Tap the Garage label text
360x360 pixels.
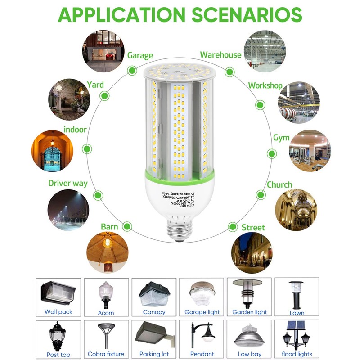pos(140,56)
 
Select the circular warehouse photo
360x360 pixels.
pos(265,50)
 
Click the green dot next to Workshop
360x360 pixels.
pos(260,105)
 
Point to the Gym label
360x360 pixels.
pos(281,138)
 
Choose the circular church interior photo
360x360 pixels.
pos(296,209)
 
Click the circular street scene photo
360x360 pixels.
pos(252,253)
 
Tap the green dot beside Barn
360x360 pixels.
pos(127,226)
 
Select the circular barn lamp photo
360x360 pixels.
pos(107,253)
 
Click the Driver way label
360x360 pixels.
pos(68,184)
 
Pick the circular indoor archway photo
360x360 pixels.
pos(52,151)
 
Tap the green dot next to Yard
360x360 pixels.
pos(104,95)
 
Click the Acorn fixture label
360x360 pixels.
pos(106,313)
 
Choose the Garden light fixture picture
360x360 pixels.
pos(249,292)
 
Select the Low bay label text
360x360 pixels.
pos(250,354)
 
